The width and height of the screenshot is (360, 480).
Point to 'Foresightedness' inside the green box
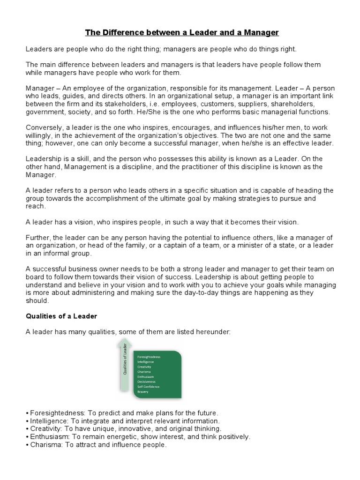[149, 357]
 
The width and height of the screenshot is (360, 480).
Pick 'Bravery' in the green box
[143, 392]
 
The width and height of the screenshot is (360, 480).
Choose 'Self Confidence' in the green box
[149, 387]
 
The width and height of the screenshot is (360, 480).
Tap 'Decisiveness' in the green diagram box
[147, 382]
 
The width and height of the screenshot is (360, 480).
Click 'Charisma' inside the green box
[144, 372]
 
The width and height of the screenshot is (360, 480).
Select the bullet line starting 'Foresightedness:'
[122, 413]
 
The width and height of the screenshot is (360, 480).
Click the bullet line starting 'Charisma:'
[96, 445]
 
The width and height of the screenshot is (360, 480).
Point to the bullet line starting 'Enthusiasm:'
[138, 437]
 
